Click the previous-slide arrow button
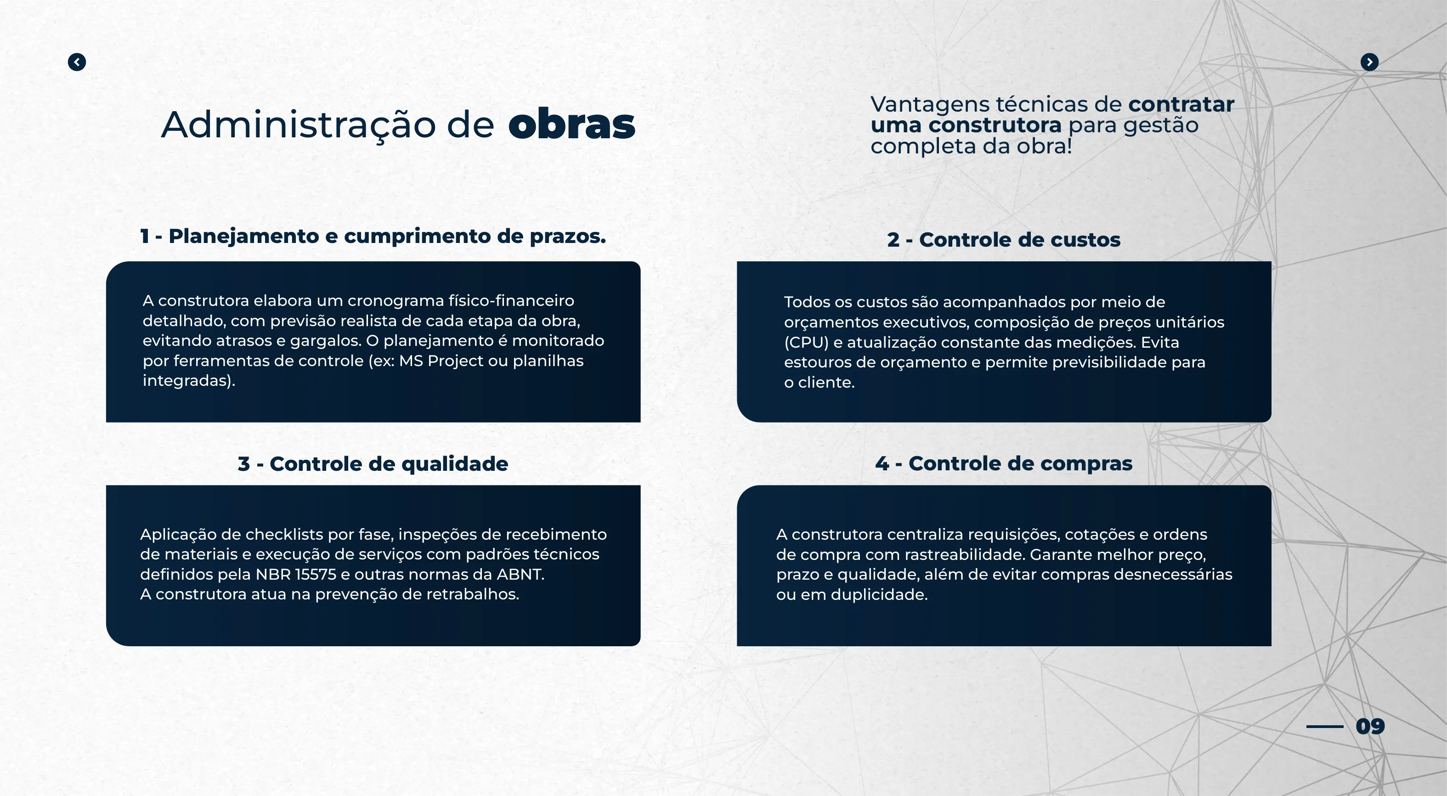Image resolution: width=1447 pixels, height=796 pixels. (x=77, y=62)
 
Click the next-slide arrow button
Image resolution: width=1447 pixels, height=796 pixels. (x=1369, y=62)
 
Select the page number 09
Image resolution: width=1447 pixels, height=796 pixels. (x=1370, y=726)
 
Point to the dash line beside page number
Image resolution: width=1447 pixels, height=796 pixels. (x=1324, y=726)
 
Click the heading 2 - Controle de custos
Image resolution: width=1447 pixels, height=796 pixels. (x=1004, y=240)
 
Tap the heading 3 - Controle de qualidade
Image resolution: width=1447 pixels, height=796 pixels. (x=373, y=464)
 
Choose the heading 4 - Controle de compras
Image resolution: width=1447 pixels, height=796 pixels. (x=1004, y=463)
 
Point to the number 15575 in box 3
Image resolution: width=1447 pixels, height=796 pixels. (x=316, y=574)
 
